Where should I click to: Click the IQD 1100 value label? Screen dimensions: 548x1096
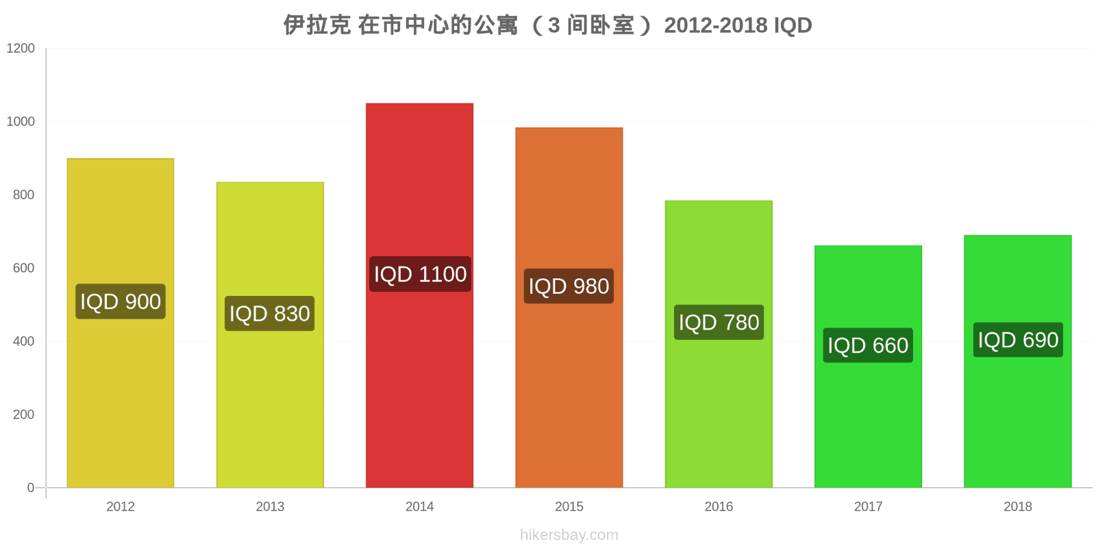(420, 274)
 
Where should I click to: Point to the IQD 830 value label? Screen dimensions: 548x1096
(270, 314)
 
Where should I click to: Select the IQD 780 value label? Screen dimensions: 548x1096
(719, 322)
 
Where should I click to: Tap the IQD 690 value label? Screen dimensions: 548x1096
(1018, 340)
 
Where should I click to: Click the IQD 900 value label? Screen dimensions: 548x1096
(121, 301)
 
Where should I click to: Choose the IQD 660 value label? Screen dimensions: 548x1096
(868, 345)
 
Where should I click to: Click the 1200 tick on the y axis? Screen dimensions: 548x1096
(21, 49)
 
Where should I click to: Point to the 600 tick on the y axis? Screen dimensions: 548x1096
(23, 269)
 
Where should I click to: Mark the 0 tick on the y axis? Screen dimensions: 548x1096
(30, 488)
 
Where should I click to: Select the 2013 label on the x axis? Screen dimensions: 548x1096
(270, 507)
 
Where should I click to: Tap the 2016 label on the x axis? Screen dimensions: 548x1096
(719, 507)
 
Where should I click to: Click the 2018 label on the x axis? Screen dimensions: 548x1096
(1018, 507)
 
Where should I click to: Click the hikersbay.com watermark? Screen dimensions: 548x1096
(569, 535)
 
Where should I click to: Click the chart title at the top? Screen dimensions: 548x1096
(548, 25)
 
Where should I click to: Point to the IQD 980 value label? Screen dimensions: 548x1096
(569, 286)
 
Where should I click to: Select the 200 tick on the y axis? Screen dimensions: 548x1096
(23, 414)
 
